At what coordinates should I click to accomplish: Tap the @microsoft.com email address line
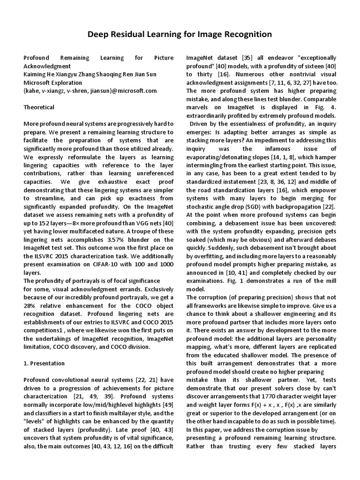tap(90, 91)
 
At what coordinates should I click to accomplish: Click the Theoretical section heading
tap(39, 107)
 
